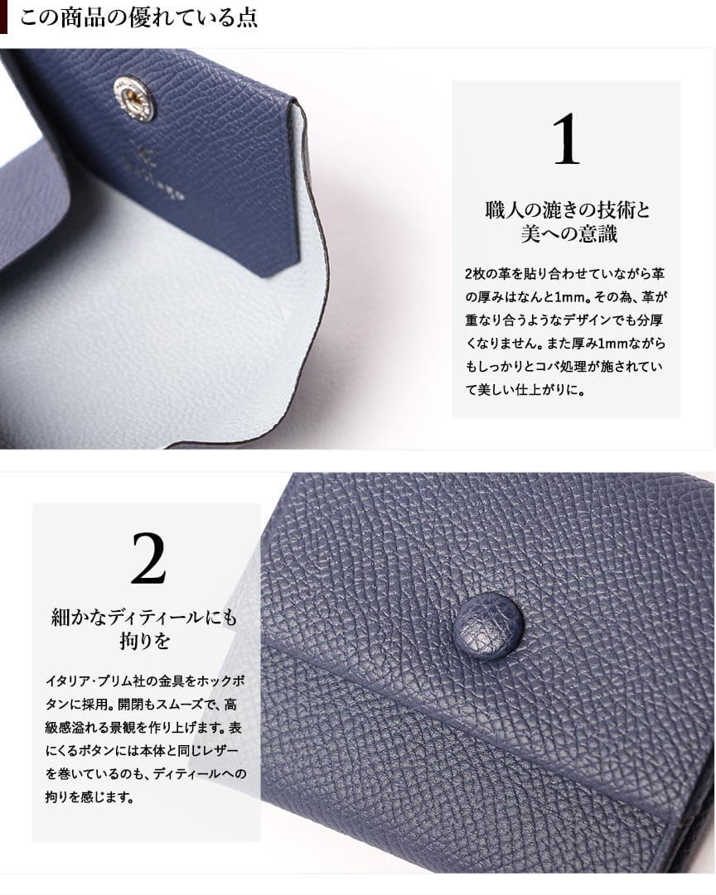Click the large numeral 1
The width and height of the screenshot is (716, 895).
[x=566, y=139]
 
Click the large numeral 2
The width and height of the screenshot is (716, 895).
[x=148, y=558]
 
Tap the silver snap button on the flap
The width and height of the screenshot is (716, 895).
[x=135, y=99]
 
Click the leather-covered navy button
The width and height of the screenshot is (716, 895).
[x=489, y=627]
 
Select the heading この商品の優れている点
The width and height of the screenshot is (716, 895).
[x=139, y=17]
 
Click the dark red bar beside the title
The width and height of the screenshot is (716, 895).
[x=3, y=17]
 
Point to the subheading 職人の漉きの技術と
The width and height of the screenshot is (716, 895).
[x=568, y=210]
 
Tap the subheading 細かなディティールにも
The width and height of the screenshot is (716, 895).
[x=143, y=617]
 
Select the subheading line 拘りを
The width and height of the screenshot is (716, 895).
[x=144, y=641]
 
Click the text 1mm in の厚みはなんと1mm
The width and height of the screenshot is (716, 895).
[x=573, y=296]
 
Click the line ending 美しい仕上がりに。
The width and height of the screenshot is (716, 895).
[x=525, y=390]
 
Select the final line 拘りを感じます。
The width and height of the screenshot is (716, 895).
[x=89, y=796]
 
